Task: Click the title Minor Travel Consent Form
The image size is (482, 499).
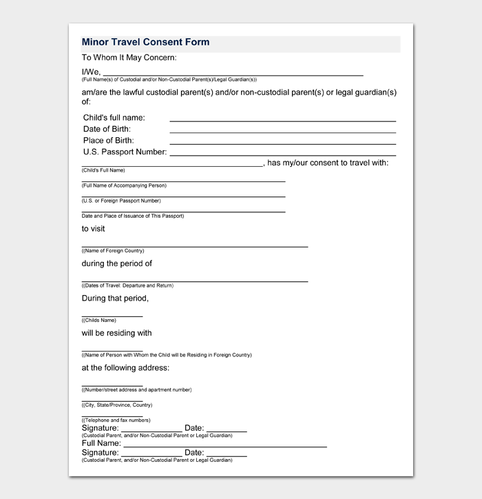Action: (145, 42)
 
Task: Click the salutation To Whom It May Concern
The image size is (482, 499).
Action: (129, 58)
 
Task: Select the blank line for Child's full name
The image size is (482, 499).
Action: (282, 120)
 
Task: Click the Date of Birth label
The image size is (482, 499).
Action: (107, 129)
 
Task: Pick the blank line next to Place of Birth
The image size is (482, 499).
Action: (282, 143)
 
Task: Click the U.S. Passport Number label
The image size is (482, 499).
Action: (125, 152)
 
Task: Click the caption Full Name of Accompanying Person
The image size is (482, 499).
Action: (124, 185)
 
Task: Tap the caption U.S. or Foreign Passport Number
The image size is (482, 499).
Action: (121, 201)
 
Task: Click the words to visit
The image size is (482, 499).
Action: (94, 229)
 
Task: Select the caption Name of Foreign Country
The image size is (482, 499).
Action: (113, 251)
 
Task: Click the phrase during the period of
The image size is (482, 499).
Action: (117, 263)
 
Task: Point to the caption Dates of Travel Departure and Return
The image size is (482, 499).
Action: (127, 285)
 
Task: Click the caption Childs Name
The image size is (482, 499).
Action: (99, 320)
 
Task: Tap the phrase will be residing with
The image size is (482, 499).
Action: (117, 333)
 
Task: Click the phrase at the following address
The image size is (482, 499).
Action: (125, 367)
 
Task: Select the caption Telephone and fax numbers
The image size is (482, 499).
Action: (116, 420)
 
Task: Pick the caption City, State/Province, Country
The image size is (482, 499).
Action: (117, 405)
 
